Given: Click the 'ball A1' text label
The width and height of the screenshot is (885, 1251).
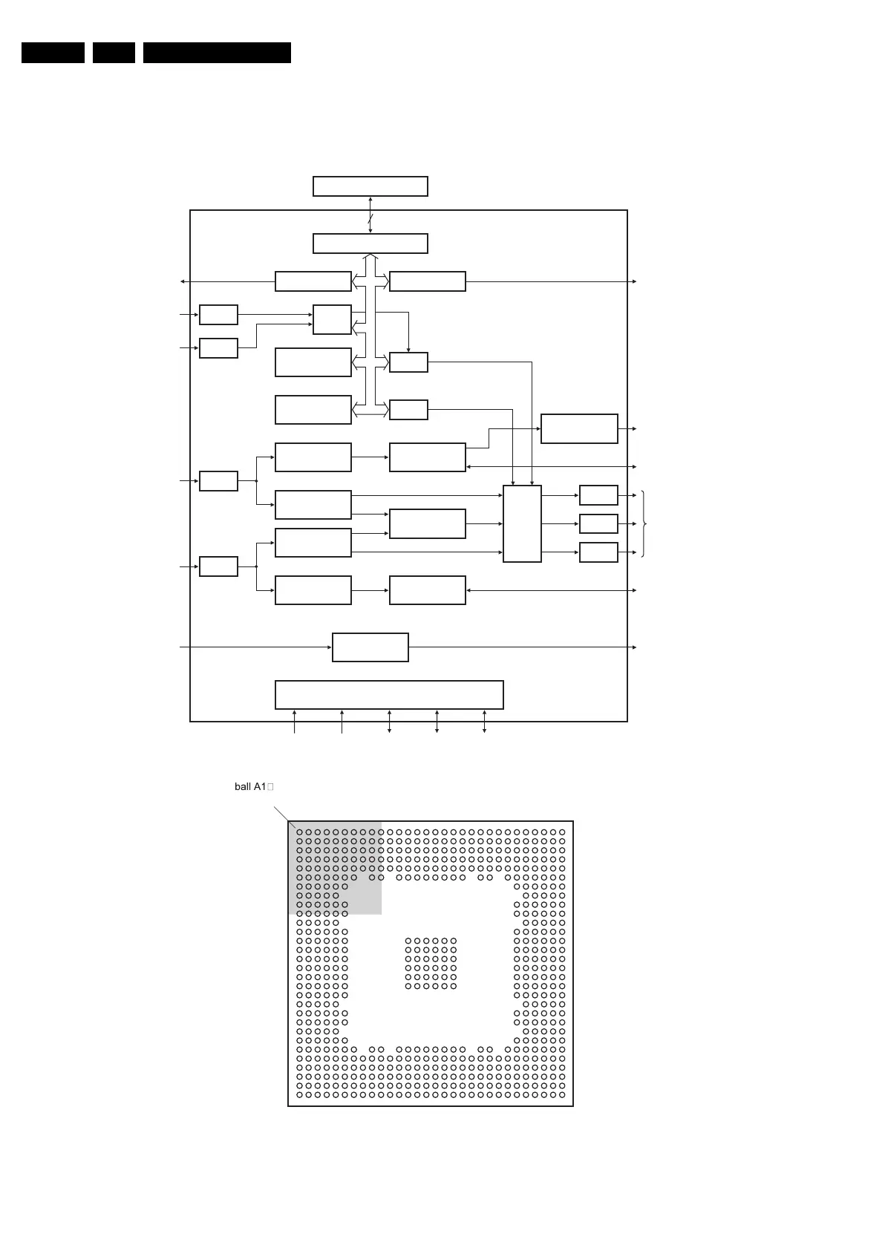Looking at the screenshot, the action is point(250,786).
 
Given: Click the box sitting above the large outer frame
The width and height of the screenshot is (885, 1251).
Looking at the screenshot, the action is point(370,186).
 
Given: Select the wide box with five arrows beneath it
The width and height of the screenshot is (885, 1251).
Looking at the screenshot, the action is point(389,694).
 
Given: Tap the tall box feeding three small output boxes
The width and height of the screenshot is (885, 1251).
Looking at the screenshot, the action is point(522,523).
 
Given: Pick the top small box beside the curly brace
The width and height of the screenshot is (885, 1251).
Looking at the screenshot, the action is point(598,494).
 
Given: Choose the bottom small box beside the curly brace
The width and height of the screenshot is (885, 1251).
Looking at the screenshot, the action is point(598,552).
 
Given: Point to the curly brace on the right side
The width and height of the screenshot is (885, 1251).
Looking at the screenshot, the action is point(644,523).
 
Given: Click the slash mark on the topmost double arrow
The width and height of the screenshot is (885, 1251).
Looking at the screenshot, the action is point(370,218).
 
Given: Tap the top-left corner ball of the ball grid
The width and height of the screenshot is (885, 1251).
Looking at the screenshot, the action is point(299,832).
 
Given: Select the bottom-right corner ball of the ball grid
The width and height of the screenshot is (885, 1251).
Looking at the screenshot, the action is point(562,1094).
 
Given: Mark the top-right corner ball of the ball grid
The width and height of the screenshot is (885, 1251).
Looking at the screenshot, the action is point(562,832).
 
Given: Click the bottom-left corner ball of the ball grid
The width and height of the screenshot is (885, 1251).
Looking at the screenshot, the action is point(299,1094).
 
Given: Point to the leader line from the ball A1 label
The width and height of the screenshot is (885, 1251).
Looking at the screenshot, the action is point(284,817).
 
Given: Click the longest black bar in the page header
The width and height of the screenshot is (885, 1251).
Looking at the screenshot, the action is point(217,53).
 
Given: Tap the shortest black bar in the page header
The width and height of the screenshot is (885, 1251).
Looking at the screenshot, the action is point(114,53).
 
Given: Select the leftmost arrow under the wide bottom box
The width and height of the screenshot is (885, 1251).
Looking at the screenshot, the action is point(295,721).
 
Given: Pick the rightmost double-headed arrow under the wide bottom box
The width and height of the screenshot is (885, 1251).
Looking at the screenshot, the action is point(484,721).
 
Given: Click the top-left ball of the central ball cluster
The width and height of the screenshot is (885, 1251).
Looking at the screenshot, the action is point(408,941).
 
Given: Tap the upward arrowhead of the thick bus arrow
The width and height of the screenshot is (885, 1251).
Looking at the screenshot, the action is point(370,257).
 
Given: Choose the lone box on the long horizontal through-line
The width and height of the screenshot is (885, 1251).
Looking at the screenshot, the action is point(370,647).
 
